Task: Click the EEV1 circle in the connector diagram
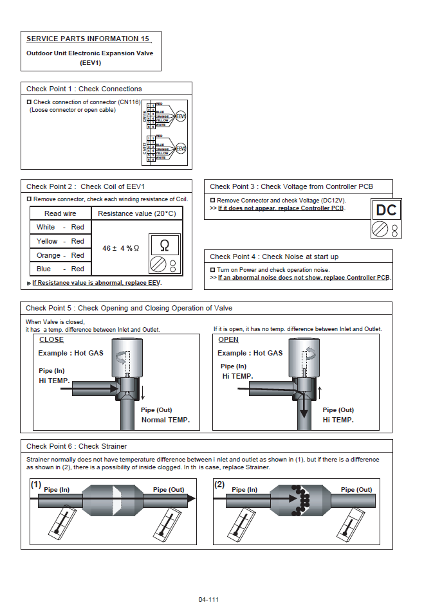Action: (x=181, y=116)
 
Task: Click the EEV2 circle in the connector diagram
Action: (x=181, y=149)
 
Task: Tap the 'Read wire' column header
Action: (x=60, y=213)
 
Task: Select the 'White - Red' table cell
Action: (x=60, y=227)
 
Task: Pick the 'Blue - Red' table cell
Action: (x=60, y=269)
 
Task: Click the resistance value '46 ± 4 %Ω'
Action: (x=121, y=248)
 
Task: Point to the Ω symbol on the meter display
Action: (x=164, y=245)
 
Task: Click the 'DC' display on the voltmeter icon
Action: (x=386, y=210)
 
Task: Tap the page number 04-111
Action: (x=208, y=599)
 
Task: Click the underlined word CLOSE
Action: (x=51, y=339)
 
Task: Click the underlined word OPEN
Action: (x=228, y=339)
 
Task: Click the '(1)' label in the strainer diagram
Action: (x=36, y=485)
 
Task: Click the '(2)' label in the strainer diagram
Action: (x=219, y=485)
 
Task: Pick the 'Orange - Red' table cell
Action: (x=60, y=255)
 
